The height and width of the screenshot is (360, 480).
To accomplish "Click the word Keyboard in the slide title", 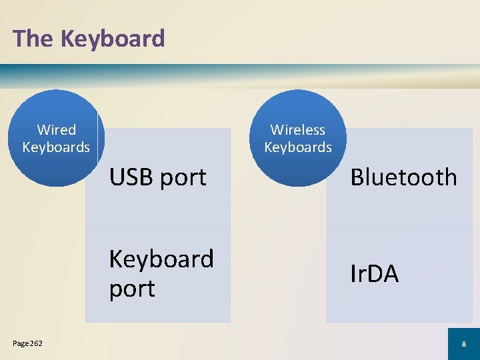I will point(112,39).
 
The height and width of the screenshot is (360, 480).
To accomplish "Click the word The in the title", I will point(33,39).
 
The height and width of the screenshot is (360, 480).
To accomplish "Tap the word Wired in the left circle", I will point(56,129).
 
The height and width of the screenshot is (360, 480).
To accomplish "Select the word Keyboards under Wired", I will point(56,147).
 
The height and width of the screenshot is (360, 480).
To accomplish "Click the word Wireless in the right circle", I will point(298,129).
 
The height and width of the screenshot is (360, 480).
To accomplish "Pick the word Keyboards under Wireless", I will point(298,147).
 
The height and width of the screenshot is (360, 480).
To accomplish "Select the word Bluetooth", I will point(404,177).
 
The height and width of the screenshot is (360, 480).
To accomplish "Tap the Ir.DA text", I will point(375,273).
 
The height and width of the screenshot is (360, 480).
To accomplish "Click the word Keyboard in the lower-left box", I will point(161,259).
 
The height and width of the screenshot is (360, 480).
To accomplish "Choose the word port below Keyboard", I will point(132,289).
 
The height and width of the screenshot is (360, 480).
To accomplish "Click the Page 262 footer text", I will point(27,343).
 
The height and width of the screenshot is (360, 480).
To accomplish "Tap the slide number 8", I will point(463,344).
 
